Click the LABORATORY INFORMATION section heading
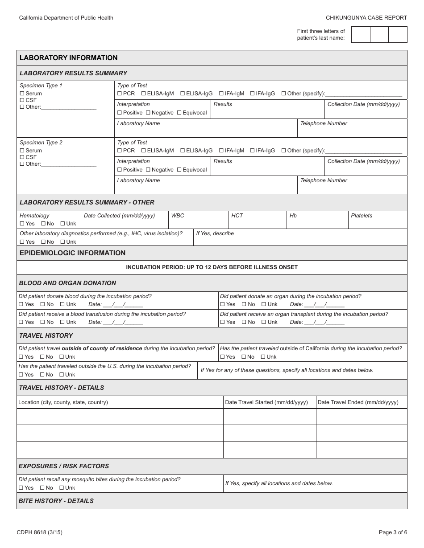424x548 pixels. click(x=68, y=58)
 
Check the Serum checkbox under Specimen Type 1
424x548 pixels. click(x=22, y=94)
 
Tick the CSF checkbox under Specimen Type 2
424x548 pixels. click(x=22, y=157)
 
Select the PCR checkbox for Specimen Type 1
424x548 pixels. click(x=120, y=94)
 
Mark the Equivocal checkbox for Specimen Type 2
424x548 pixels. click(x=179, y=170)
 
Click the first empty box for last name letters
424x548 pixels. click(x=361, y=34)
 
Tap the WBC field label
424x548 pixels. click(x=178, y=216)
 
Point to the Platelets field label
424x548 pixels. click(x=362, y=216)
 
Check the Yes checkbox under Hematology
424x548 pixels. click(x=22, y=224)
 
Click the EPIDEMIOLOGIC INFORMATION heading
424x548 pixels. click(x=72, y=253)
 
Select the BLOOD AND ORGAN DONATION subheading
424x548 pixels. click(x=67, y=283)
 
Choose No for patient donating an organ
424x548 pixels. click(x=244, y=304)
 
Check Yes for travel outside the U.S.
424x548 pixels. click(x=21, y=375)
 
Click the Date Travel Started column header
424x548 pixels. click(x=266, y=402)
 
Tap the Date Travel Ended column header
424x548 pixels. click(x=358, y=402)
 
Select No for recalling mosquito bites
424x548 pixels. click(x=42, y=488)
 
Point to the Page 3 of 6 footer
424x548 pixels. click(x=393, y=532)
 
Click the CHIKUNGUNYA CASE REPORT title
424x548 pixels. click(x=366, y=18)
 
